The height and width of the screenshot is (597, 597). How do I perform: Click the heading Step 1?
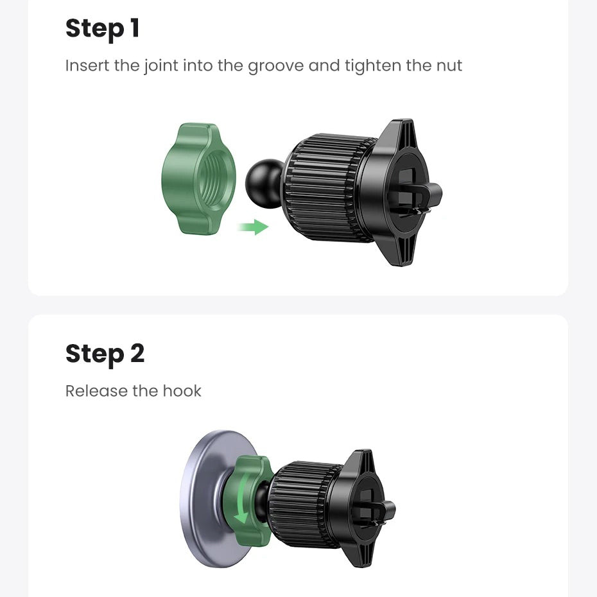(x=103, y=29)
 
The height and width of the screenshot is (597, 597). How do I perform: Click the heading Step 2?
(x=105, y=354)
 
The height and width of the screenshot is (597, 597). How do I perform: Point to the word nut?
(x=449, y=66)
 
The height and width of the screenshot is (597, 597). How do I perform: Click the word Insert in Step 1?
(x=87, y=65)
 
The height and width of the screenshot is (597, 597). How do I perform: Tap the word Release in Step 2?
(x=97, y=391)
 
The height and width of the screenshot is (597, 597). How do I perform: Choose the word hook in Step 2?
(x=182, y=391)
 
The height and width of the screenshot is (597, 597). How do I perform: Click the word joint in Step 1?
(x=160, y=66)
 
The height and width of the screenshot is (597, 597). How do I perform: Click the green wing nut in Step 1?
(x=198, y=178)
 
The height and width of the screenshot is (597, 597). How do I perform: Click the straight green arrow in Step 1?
(x=253, y=227)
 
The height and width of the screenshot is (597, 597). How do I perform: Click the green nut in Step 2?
(x=248, y=501)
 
